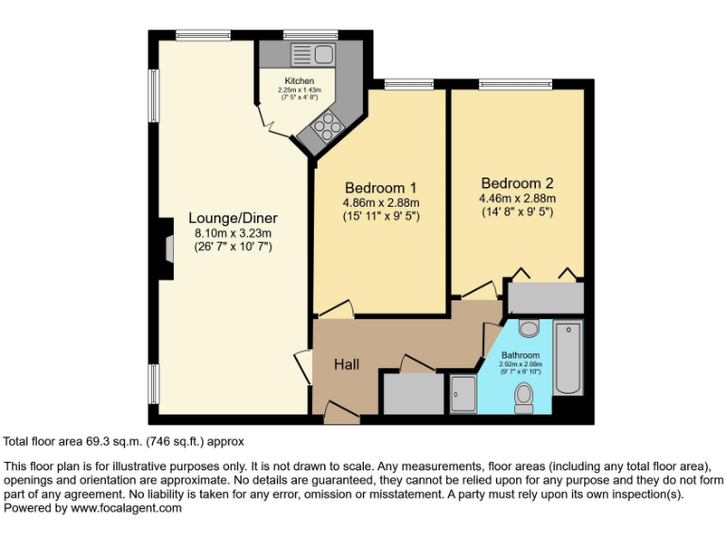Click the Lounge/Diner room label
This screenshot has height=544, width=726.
point(233,217)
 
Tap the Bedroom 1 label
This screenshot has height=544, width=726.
point(380,187)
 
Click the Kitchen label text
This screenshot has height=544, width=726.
point(300,81)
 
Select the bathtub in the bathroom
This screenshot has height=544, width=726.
point(567,358)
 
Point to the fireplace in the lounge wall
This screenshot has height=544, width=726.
point(167,247)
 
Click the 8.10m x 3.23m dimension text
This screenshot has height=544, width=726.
point(233,233)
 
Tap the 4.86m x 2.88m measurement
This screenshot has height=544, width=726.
point(380,202)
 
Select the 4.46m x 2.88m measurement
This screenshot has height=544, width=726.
point(516,198)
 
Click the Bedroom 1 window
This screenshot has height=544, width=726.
point(403,86)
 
